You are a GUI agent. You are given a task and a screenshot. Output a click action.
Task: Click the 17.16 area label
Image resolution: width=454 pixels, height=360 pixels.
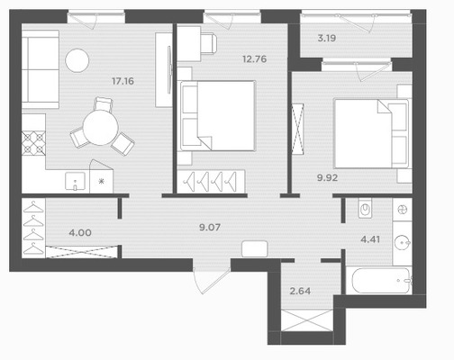tap(123, 81)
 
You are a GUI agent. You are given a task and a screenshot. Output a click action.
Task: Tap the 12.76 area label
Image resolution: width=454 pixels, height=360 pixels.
tap(255, 59)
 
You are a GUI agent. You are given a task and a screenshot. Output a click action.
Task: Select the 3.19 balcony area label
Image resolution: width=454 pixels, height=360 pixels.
tap(327, 39)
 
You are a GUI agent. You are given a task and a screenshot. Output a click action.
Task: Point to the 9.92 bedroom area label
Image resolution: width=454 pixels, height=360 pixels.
tap(327, 178)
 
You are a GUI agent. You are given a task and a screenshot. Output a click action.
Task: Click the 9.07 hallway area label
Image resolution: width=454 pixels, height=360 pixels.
tap(210, 228)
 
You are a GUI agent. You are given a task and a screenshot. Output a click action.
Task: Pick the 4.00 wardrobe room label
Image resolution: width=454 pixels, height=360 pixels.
tap(80, 233)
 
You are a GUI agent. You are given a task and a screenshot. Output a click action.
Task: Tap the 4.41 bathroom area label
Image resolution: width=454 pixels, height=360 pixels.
tap(370, 239)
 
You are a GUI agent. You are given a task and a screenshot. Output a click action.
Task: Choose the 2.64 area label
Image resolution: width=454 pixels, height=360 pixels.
tap(300, 291)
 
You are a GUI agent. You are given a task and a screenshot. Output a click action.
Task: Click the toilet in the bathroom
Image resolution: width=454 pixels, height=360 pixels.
tap(365, 208)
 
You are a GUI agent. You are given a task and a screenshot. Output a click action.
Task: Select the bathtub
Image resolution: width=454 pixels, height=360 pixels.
tap(381, 281)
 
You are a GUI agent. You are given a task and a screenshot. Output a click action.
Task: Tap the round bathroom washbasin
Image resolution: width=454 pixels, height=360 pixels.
tap(402, 242)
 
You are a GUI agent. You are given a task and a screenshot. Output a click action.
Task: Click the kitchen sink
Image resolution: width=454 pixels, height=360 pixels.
tap(75, 182)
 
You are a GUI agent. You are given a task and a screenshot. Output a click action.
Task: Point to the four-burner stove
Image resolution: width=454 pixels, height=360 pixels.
tap(33, 143)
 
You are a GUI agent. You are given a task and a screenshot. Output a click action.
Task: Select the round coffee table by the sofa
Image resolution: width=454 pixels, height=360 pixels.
tap(77, 60)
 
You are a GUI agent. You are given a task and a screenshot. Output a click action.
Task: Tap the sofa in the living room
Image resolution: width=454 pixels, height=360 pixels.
tap(41, 69)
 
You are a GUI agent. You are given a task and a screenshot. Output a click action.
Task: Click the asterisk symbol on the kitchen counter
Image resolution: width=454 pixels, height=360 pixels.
tap(101, 181)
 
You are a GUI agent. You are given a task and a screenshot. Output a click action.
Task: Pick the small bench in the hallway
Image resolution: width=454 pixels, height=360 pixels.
tap(255, 248)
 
